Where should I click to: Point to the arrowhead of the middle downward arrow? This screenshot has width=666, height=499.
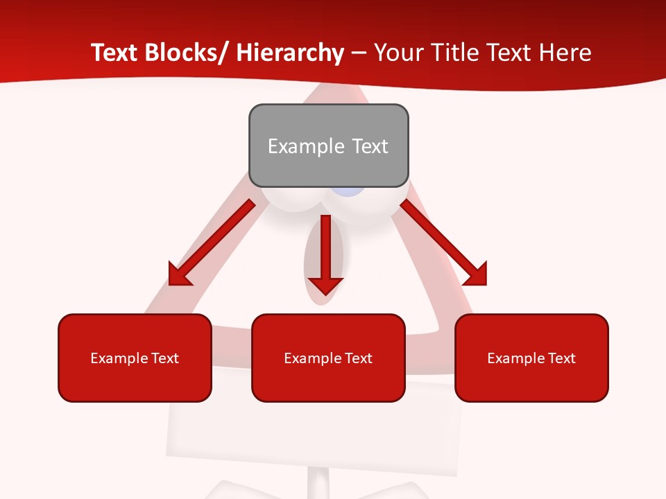pyautogui.click(x=325, y=286)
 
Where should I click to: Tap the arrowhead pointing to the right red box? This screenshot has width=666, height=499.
pyautogui.click(x=475, y=274)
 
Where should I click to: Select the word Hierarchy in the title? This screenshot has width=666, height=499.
pyautogui.click(x=290, y=53)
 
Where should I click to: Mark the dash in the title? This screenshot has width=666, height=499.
pyautogui.click(x=359, y=53)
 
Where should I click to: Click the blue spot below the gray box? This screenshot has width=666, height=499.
pyautogui.click(x=347, y=192)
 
